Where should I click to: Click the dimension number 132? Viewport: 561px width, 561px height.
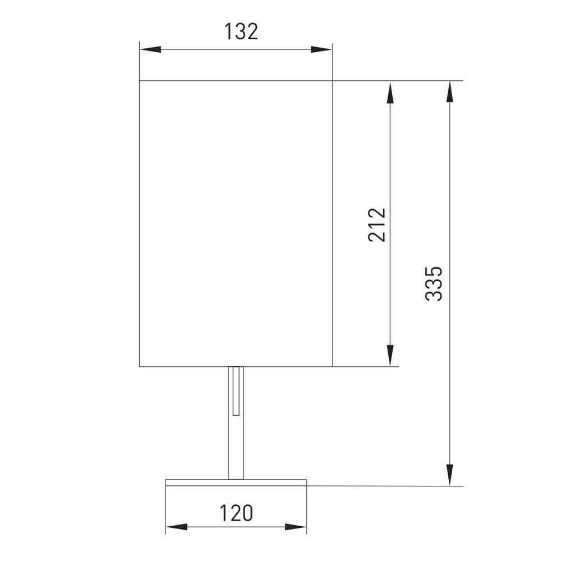(241, 31)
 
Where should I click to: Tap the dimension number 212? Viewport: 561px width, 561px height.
(377, 225)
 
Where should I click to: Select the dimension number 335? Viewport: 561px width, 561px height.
(434, 283)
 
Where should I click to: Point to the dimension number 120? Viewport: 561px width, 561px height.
(236, 513)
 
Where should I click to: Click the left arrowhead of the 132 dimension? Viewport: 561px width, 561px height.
(150, 49)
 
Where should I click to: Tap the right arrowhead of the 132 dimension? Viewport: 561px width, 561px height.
(321, 49)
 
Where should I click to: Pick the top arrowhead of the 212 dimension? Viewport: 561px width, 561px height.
(390, 93)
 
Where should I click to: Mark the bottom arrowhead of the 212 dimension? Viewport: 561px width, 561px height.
(390, 355)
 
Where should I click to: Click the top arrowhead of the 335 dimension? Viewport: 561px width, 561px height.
(450, 93)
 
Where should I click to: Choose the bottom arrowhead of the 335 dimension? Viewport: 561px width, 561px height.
(450, 475)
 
